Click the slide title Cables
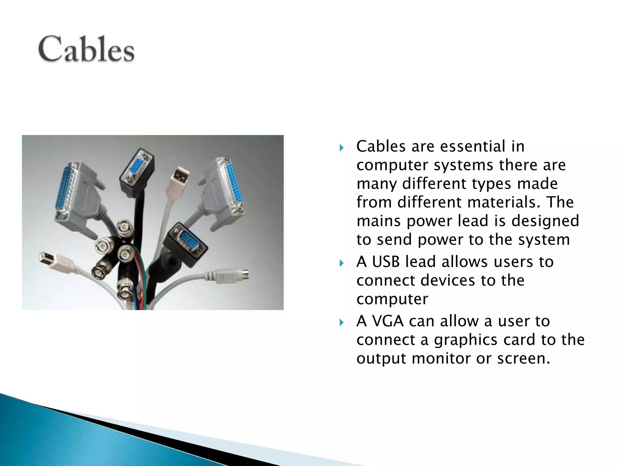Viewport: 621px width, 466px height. point(86,49)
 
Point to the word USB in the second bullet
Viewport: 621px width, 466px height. point(386,262)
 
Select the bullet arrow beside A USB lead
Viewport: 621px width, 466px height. point(342,263)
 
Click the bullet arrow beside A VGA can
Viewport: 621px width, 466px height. point(342,322)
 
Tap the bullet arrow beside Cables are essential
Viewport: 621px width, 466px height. point(342,148)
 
